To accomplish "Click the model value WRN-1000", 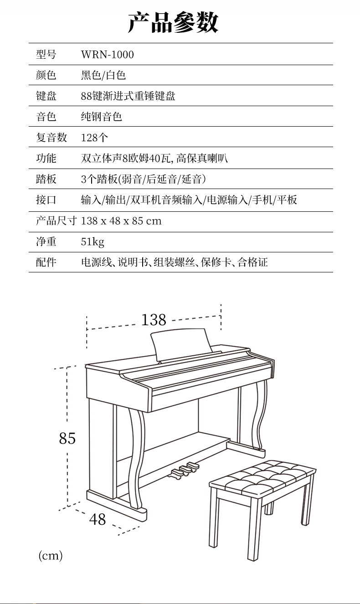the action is [108, 55].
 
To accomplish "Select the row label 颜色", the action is [46, 75].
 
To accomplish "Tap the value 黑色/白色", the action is [103, 75].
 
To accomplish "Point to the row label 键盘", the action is [46, 96].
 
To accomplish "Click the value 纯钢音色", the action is [102, 117].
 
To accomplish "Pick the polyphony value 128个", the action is [94, 138].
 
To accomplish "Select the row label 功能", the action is [46, 158].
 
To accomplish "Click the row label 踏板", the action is [46, 179].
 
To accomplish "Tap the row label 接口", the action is [46, 200].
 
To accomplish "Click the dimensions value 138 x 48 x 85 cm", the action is [121, 221].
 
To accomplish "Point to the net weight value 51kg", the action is [93, 241].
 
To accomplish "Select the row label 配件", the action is [46, 262].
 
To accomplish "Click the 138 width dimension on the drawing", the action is [154, 320].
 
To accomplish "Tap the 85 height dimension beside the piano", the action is [67, 438].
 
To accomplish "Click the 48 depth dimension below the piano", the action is [97, 519].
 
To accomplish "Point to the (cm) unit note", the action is [50, 555].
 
